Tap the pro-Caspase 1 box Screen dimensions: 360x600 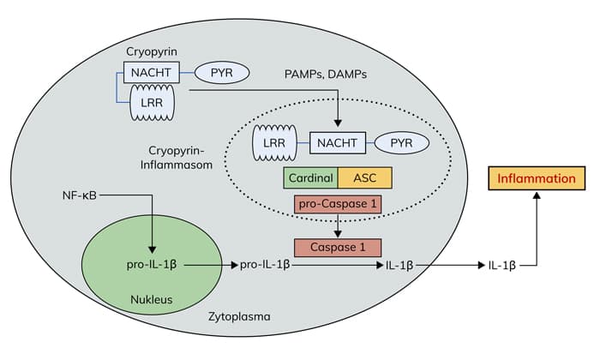337,205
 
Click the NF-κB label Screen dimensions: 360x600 78,195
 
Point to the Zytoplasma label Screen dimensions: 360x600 240,316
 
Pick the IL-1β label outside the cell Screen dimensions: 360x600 502,266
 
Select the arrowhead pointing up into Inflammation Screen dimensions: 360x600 537,197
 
